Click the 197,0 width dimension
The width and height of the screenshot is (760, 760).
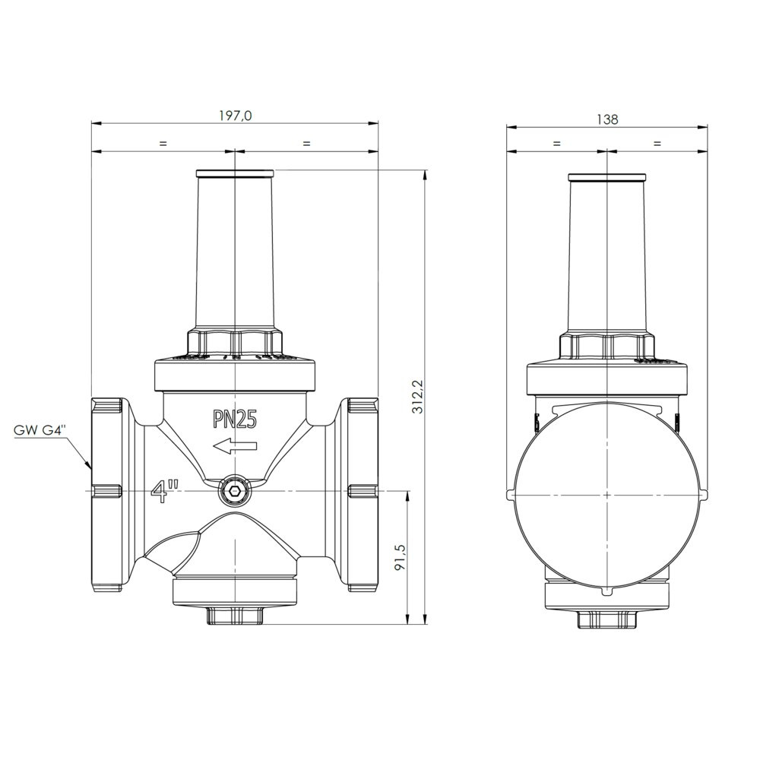(x=235, y=116)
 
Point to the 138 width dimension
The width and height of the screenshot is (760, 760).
(x=607, y=119)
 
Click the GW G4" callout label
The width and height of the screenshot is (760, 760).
(x=39, y=431)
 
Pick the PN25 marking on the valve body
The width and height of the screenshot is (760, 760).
(x=235, y=420)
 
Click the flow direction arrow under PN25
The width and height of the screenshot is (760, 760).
(x=235, y=446)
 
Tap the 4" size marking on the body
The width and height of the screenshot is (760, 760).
(x=165, y=492)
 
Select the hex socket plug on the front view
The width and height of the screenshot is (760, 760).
(x=235, y=492)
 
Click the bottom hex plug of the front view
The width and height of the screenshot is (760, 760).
(x=235, y=615)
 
